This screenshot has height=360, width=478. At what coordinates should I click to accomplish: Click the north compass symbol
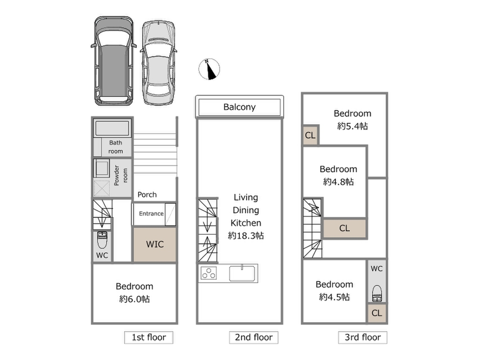(x=209, y=69)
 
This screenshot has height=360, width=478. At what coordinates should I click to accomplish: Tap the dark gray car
(x=113, y=61)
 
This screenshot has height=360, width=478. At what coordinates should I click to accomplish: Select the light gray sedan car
(x=159, y=63)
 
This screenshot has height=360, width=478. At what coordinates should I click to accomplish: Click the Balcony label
(x=239, y=107)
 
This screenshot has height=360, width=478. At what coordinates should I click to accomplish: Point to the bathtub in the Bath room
(x=112, y=128)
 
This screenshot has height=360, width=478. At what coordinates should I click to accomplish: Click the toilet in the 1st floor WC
(x=102, y=240)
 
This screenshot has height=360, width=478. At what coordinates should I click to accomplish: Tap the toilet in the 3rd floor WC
(x=377, y=293)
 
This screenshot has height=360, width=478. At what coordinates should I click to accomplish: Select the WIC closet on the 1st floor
(x=155, y=244)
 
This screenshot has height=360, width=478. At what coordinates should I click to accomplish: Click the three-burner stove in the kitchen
(x=209, y=273)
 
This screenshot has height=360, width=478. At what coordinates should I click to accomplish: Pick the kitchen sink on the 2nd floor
(x=242, y=273)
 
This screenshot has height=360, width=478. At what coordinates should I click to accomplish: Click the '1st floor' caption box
(x=149, y=337)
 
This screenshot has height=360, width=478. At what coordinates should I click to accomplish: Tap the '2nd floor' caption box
(x=254, y=337)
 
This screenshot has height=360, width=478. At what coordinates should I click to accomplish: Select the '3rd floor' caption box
(x=363, y=337)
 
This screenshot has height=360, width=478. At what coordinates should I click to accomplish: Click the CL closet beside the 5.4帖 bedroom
(x=310, y=135)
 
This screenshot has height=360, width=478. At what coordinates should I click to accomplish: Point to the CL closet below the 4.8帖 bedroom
(x=344, y=228)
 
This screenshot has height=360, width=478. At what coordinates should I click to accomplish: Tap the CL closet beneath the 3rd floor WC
(x=377, y=313)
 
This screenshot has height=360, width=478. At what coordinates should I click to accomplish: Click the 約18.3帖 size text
(x=246, y=235)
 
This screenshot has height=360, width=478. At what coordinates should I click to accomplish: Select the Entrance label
(x=151, y=214)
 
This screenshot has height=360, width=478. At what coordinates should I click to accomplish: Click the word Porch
(x=147, y=195)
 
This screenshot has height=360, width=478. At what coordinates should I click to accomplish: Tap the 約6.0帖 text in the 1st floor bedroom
(x=134, y=299)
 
